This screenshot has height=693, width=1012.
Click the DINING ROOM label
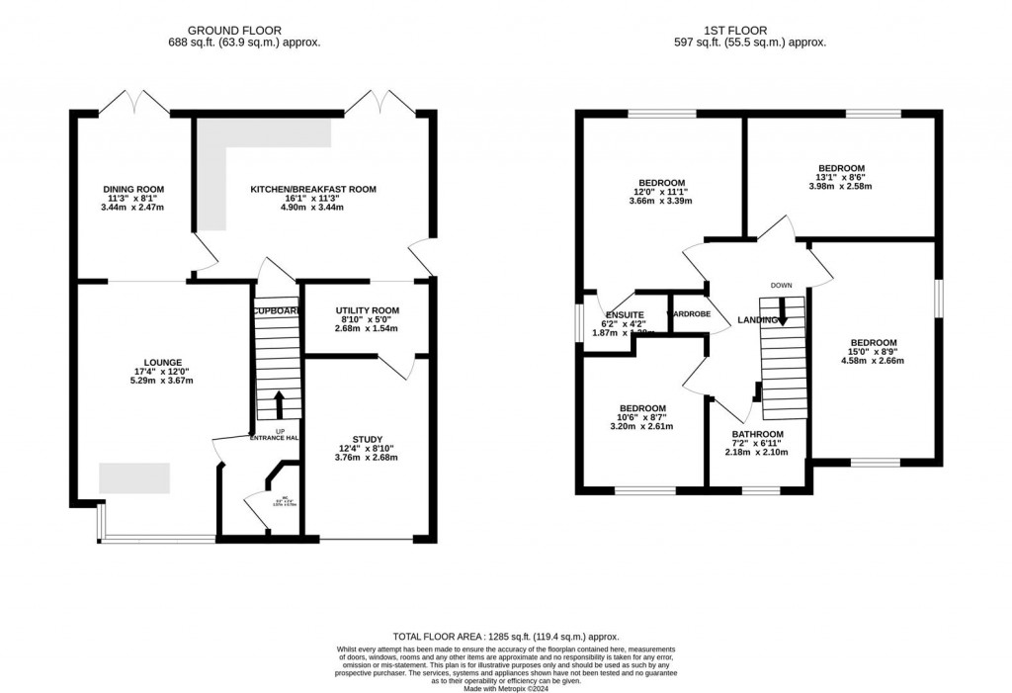pyautogui.click(x=133, y=189)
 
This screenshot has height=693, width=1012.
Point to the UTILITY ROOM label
pyautogui.click(x=367, y=309)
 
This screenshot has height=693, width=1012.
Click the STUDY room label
pyautogui.click(x=367, y=439)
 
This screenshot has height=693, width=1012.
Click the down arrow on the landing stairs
pyautogui.click(x=782, y=314)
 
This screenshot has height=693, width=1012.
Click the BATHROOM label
pyautogui.click(x=757, y=434)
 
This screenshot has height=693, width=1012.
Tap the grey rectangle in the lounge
pyautogui.click(x=134, y=477)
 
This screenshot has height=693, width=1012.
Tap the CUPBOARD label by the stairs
pyautogui.click(x=275, y=310)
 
